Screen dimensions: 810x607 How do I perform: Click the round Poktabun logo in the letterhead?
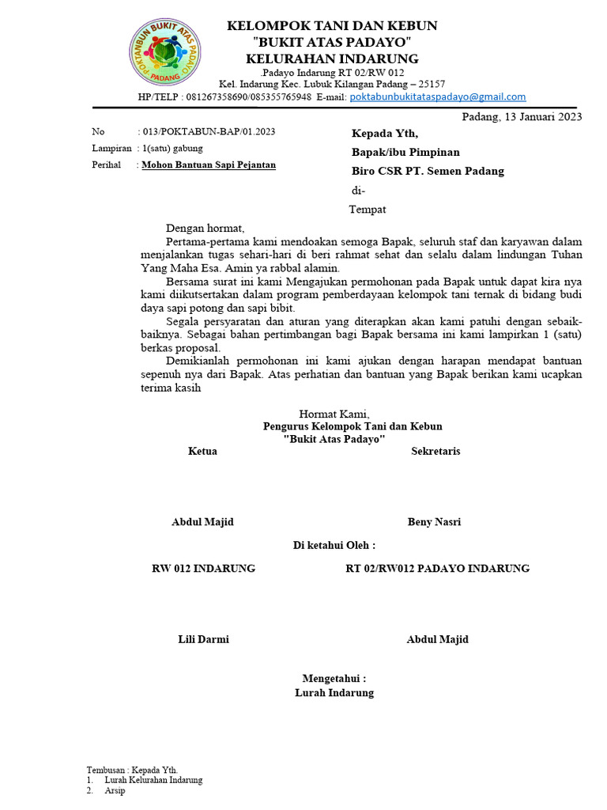click(164, 52)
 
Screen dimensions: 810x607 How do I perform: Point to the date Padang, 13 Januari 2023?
click(522, 117)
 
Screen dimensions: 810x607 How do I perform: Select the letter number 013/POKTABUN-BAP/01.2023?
click(209, 132)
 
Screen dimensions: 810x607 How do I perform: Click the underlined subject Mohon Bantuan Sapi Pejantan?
click(209, 165)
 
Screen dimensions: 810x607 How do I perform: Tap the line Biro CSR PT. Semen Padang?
click(428, 171)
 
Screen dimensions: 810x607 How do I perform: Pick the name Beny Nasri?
click(434, 521)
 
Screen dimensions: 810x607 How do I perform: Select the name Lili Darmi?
click(203, 639)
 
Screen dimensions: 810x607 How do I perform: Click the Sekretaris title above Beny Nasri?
click(435, 451)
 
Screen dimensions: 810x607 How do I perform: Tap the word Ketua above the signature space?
click(202, 451)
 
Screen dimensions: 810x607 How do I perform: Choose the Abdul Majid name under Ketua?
click(202, 521)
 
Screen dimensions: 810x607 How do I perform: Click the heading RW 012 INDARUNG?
click(203, 568)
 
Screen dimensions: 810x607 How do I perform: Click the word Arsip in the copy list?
click(115, 790)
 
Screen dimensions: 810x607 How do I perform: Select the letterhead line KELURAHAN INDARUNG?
click(332, 59)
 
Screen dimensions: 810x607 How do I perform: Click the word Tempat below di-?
click(368, 210)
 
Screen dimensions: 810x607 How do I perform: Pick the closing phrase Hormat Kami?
click(334, 414)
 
